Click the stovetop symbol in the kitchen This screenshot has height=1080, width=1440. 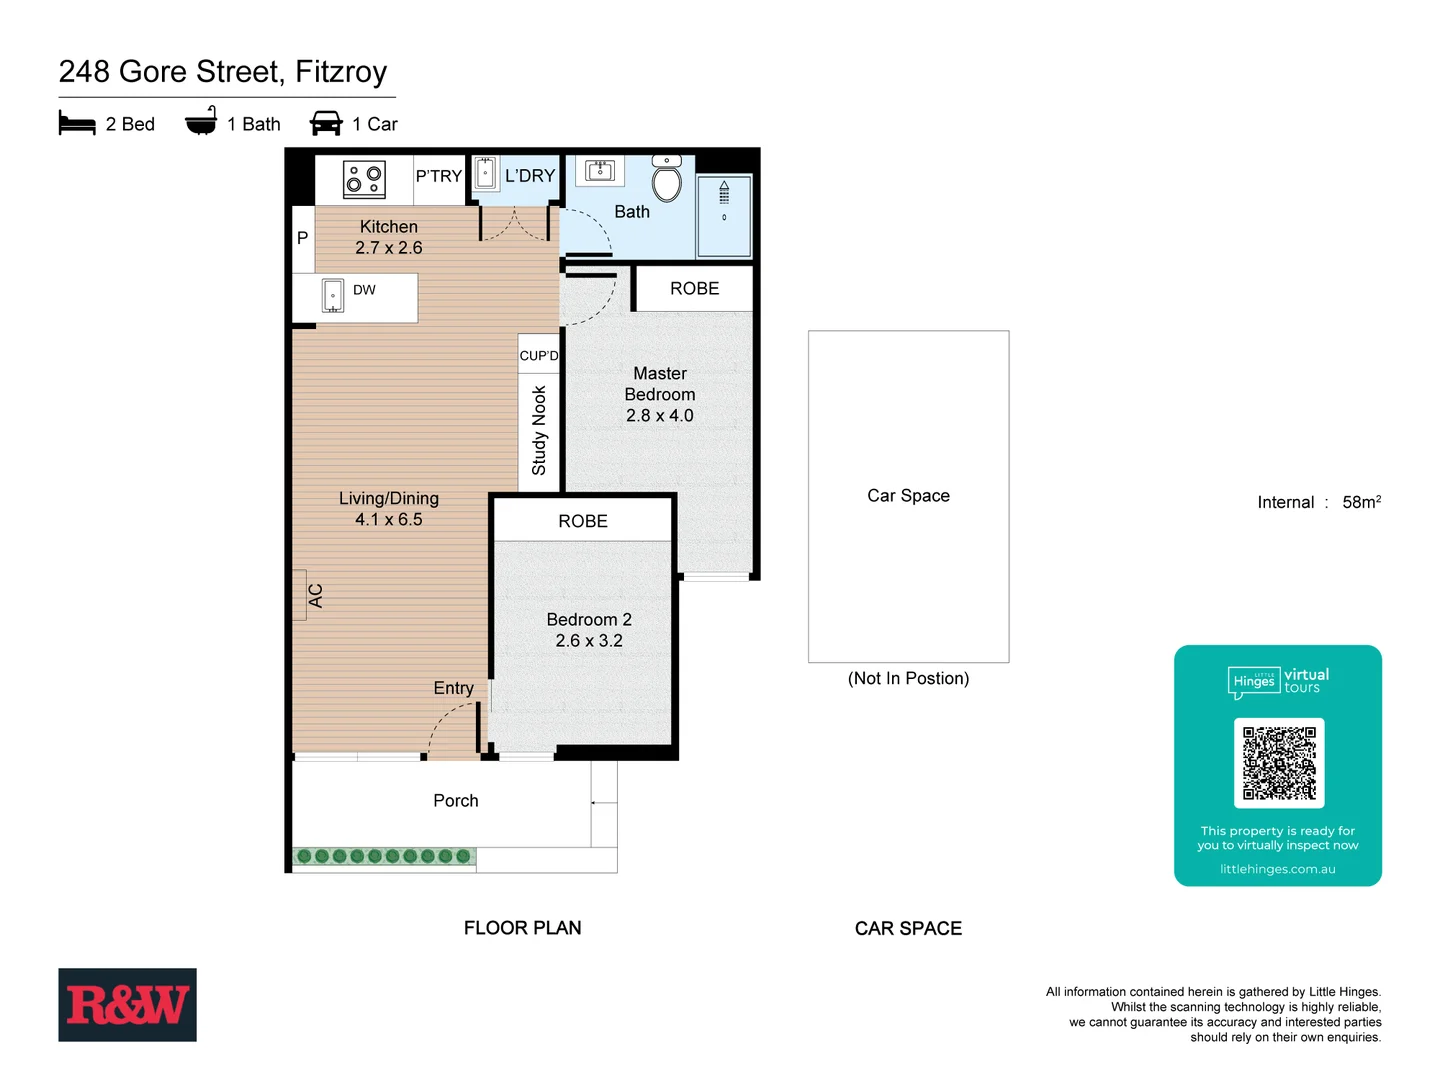point(364,179)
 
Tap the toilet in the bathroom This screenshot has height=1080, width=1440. point(666,180)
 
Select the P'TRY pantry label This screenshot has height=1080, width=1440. point(439,176)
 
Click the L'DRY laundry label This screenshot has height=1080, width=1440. point(529,176)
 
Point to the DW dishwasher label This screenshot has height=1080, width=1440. point(364,290)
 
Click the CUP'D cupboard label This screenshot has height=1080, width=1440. point(539,355)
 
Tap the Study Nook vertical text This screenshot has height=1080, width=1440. point(539,430)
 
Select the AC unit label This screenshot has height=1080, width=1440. point(315,595)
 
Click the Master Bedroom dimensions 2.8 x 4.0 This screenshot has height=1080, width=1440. point(659,415)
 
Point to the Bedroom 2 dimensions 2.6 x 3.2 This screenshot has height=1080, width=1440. point(589,640)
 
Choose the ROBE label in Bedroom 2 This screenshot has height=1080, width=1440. point(583,521)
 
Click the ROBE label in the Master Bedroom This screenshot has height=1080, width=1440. point(694,288)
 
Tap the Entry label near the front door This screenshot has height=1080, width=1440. point(453,688)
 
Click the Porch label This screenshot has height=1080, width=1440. point(455,800)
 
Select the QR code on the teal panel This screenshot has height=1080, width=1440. point(1279,763)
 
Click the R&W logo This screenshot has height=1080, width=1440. point(127,1004)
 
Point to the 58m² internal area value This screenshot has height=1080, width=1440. point(1361,502)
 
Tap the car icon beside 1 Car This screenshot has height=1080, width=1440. point(326,123)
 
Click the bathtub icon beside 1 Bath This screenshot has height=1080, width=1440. point(201,121)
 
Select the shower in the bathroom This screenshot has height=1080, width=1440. point(724,215)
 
